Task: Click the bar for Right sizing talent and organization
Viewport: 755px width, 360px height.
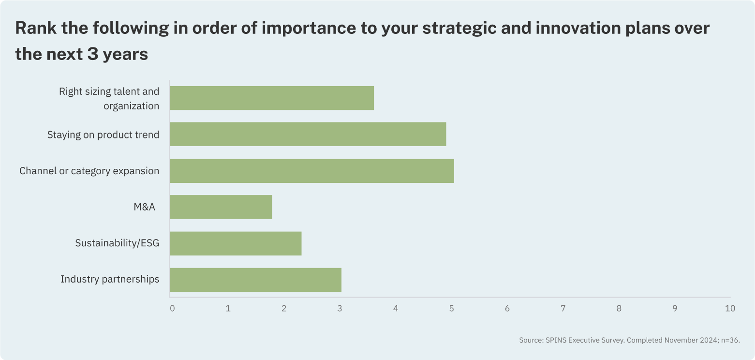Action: pos(272,98)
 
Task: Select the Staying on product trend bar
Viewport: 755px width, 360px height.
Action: pos(308,134)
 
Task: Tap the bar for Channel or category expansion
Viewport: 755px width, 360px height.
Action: pos(312,171)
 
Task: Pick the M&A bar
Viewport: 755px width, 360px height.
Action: pos(221,207)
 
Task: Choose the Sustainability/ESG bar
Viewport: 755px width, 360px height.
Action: pos(236,243)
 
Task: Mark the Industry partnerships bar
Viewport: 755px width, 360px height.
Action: pos(255,280)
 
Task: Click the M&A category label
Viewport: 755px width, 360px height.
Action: pos(144,207)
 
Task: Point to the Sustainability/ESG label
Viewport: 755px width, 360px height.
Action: pos(117,243)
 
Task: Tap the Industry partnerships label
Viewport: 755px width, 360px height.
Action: pos(110,279)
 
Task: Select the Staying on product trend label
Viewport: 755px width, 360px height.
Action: pos(103,135)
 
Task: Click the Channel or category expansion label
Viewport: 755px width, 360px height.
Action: pos(89,171)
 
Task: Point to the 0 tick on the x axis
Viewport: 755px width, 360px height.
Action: pos(172,308)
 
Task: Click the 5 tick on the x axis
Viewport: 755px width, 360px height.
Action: pos(451,308)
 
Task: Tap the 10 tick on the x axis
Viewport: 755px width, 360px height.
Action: pos(730,308)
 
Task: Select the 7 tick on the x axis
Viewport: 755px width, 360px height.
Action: pos(563,308)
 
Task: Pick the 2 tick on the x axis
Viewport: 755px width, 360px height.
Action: pos(284,308)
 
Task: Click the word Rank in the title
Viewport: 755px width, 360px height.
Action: pos(36,28)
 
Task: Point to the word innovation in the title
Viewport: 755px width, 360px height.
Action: pos(578,28)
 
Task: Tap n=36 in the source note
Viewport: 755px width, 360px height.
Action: pos(730,340)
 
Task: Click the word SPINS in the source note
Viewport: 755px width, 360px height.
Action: pos(556,340)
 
